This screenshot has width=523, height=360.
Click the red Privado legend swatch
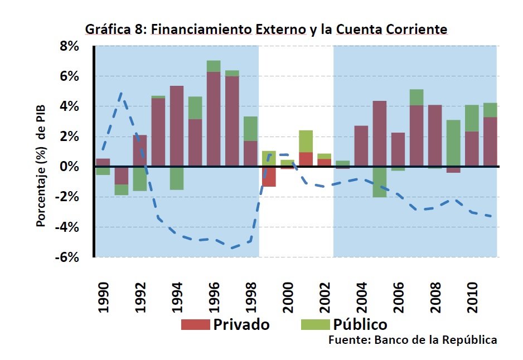coord(195,324)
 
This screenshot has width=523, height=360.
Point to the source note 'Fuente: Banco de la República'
coord(412,340)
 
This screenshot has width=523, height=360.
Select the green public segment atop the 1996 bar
coord(214,66)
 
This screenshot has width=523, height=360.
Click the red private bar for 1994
coord(177,126)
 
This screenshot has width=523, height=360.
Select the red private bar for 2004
coord(361,146)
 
